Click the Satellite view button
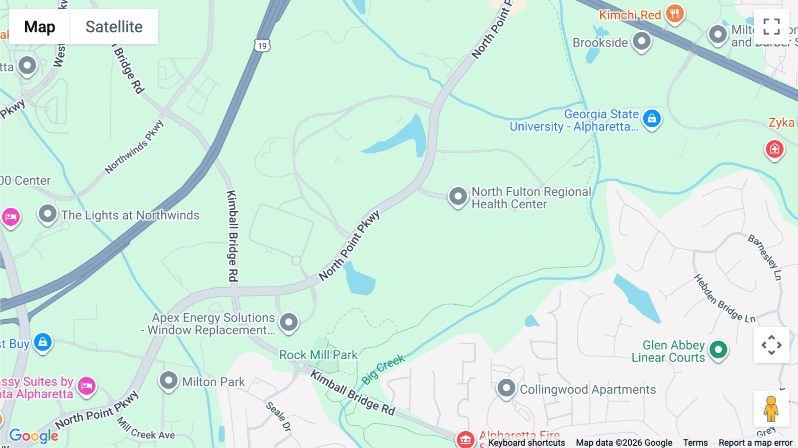point(114,27)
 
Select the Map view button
point(39,27)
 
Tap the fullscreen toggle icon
point(771,27)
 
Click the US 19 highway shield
point(262,45)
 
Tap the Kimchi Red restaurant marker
point(675,14)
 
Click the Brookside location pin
point(641,41)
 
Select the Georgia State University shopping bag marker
point(652,118)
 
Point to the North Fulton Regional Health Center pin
point(458,196)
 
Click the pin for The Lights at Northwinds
point(47,214)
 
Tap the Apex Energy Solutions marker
point(289,322)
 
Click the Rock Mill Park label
point(318,355)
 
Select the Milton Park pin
point(168,381)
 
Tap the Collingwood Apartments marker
point(506,388)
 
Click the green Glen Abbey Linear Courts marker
point(718,350)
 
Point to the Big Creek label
point(383,369)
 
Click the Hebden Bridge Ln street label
point(724,299)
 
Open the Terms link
point(695,443)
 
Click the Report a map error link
point(755,443)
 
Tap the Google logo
point(34,436)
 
